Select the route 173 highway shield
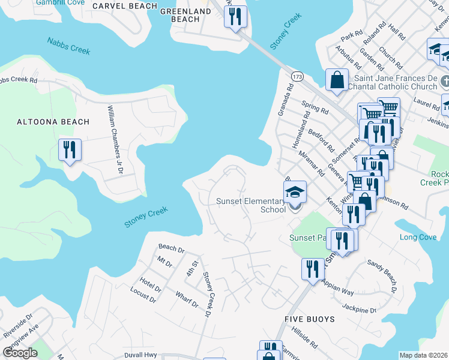pos(297,77)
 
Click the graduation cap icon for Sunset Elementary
pos(295,191)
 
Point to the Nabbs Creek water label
pos(68,46)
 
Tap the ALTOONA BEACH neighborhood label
pos(53,122)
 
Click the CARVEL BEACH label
pos(125,6)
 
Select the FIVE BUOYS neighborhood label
pos(310,319)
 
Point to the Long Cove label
pos(418,238)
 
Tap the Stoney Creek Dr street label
pos(208,294)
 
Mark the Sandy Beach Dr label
pos(382,276)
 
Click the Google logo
pos(20,353)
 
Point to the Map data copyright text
pos(423,355)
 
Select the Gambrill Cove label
pos(59,2)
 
